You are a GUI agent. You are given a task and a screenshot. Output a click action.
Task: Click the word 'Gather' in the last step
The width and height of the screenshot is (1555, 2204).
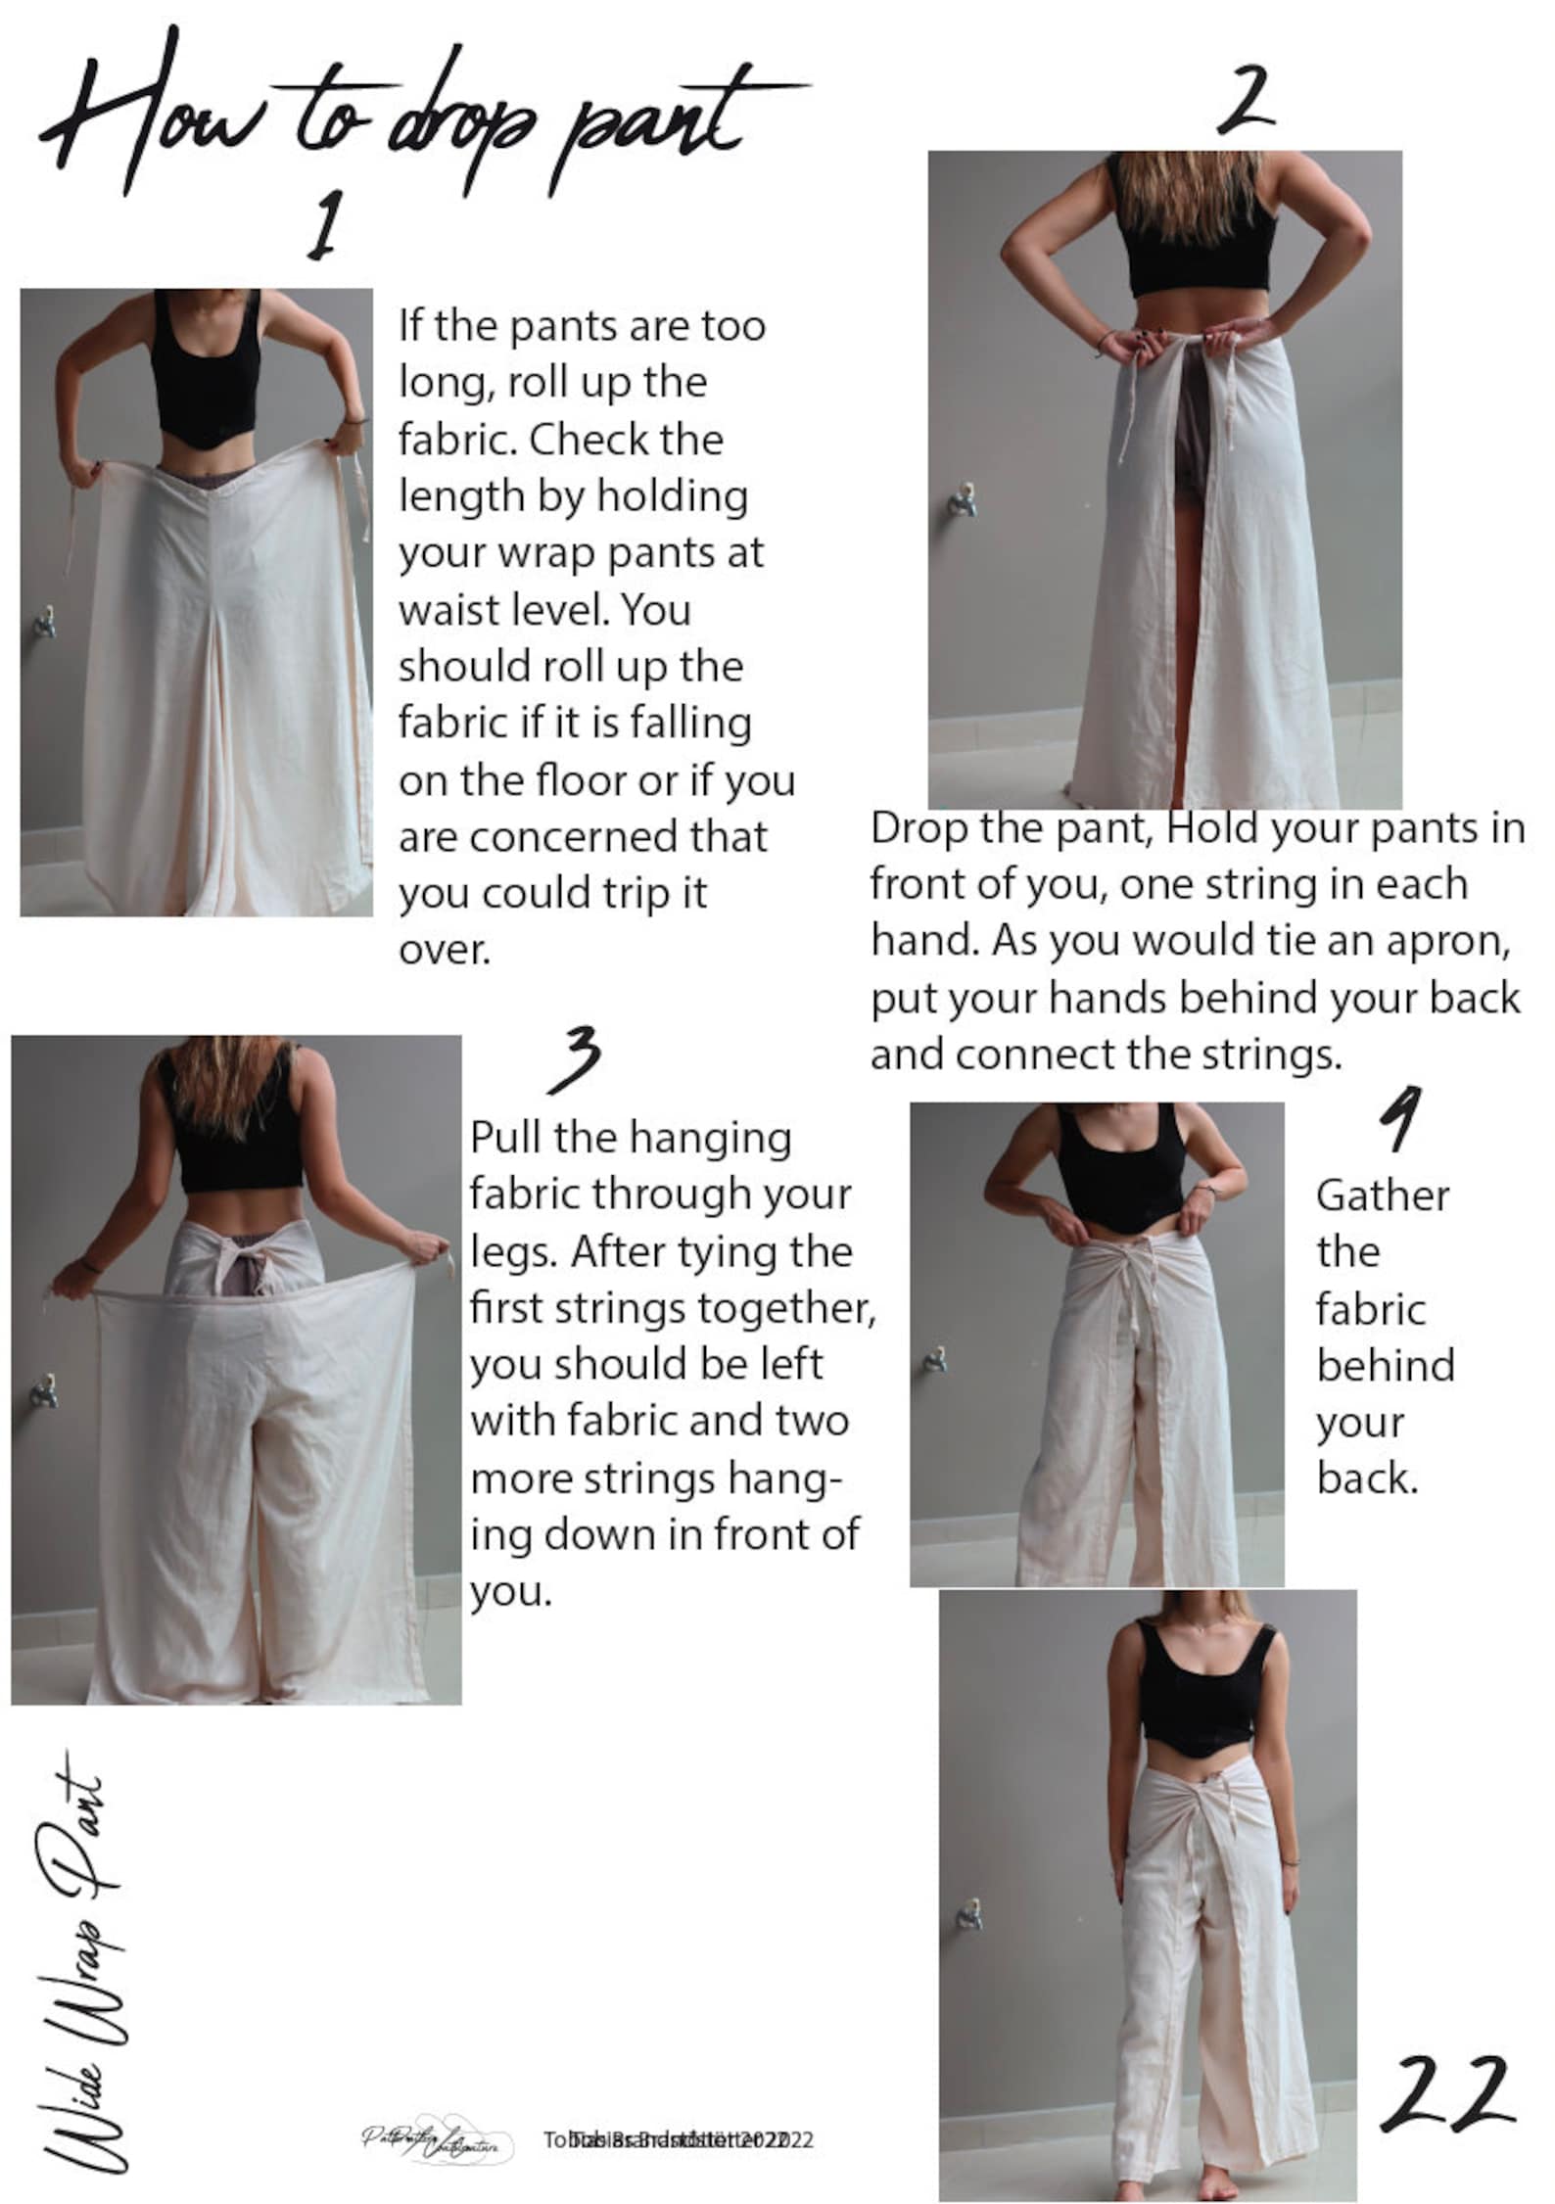click(x=1382, y=1196)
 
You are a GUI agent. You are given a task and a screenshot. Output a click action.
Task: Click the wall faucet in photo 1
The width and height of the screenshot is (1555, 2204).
click(x=43, y=622)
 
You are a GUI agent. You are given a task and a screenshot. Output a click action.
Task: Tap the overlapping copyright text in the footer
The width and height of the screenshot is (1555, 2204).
click(x=678, y=2140)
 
